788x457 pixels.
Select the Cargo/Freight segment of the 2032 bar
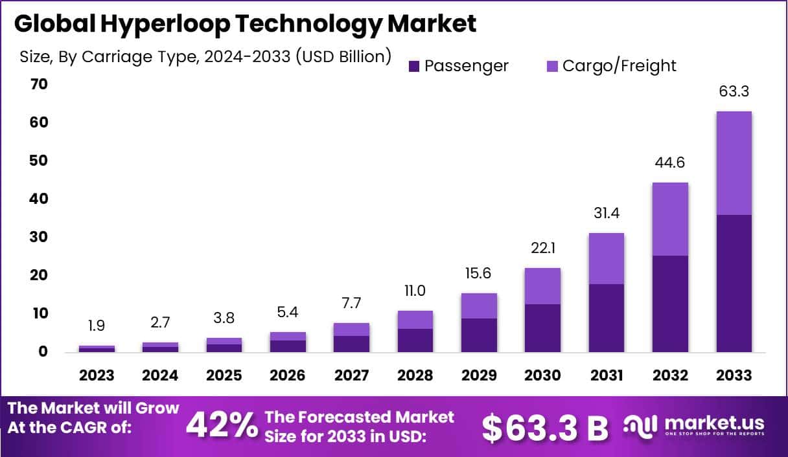coord(670,219)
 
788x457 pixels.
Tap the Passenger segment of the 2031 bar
coord(607,318)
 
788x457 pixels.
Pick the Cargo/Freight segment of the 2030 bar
coord(543,286)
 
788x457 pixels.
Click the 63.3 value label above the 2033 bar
coord(734,91)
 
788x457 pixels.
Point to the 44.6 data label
coord(670,162)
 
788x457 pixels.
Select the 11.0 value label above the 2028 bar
coord(415,291)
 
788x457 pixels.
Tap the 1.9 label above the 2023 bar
coord(97,326)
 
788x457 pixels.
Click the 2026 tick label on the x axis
coord(288,375)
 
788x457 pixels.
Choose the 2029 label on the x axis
coord(479,375)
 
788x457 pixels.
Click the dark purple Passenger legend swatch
coord(415,66)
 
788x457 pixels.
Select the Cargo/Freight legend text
coord(619,66)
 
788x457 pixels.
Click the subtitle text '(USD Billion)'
coord(343,57)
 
